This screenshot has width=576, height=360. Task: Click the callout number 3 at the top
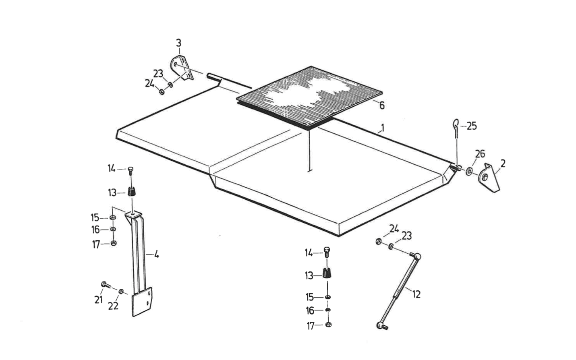point(179,43)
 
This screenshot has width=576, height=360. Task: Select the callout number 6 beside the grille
point(382,106)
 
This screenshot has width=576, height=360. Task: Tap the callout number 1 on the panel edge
point(383,128)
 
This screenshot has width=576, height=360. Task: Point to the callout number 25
point(472,126)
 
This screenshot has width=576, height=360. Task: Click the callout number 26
point(480,154)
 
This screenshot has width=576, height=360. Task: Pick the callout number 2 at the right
point(503,163)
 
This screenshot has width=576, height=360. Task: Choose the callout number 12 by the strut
point(416,294)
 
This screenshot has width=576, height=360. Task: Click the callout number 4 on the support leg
point(156,254)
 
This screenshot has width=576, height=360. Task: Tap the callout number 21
point(99,300)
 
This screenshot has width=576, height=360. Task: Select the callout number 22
point(113,306)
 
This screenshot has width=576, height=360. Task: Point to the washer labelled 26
point(469,171)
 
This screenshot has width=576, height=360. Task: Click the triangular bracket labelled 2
point(489,178)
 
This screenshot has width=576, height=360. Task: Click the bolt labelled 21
point(106,285)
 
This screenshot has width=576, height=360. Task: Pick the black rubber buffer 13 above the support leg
point(132,192)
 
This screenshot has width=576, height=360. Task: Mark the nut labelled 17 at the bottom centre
point(328,325)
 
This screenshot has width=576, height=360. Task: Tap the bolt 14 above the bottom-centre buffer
point(327,252)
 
